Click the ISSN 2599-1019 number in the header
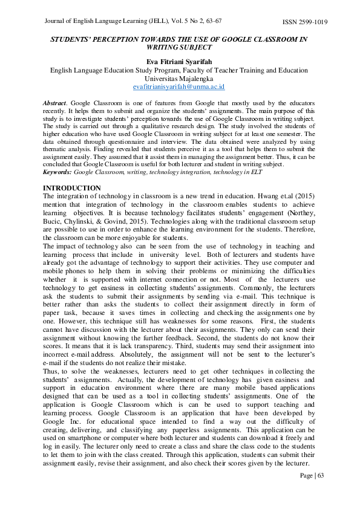[305, 22]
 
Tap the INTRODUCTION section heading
[71, 189]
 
